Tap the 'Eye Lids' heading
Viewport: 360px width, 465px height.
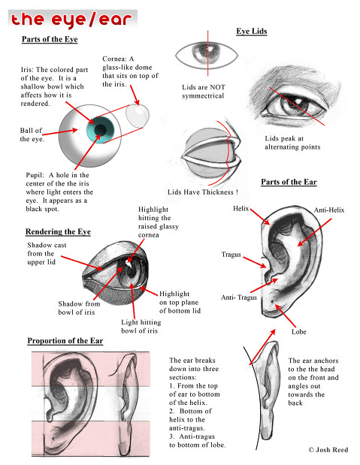(252, 32)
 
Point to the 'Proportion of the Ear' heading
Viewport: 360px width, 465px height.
(65, 340)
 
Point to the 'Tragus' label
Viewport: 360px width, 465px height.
(231, 255)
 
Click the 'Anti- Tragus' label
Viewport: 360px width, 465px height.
(239, 298)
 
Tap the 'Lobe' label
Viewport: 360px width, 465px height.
(300, 331)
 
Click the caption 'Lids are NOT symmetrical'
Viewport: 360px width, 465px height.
(203, 92)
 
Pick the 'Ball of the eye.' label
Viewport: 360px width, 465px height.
(32, 134)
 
